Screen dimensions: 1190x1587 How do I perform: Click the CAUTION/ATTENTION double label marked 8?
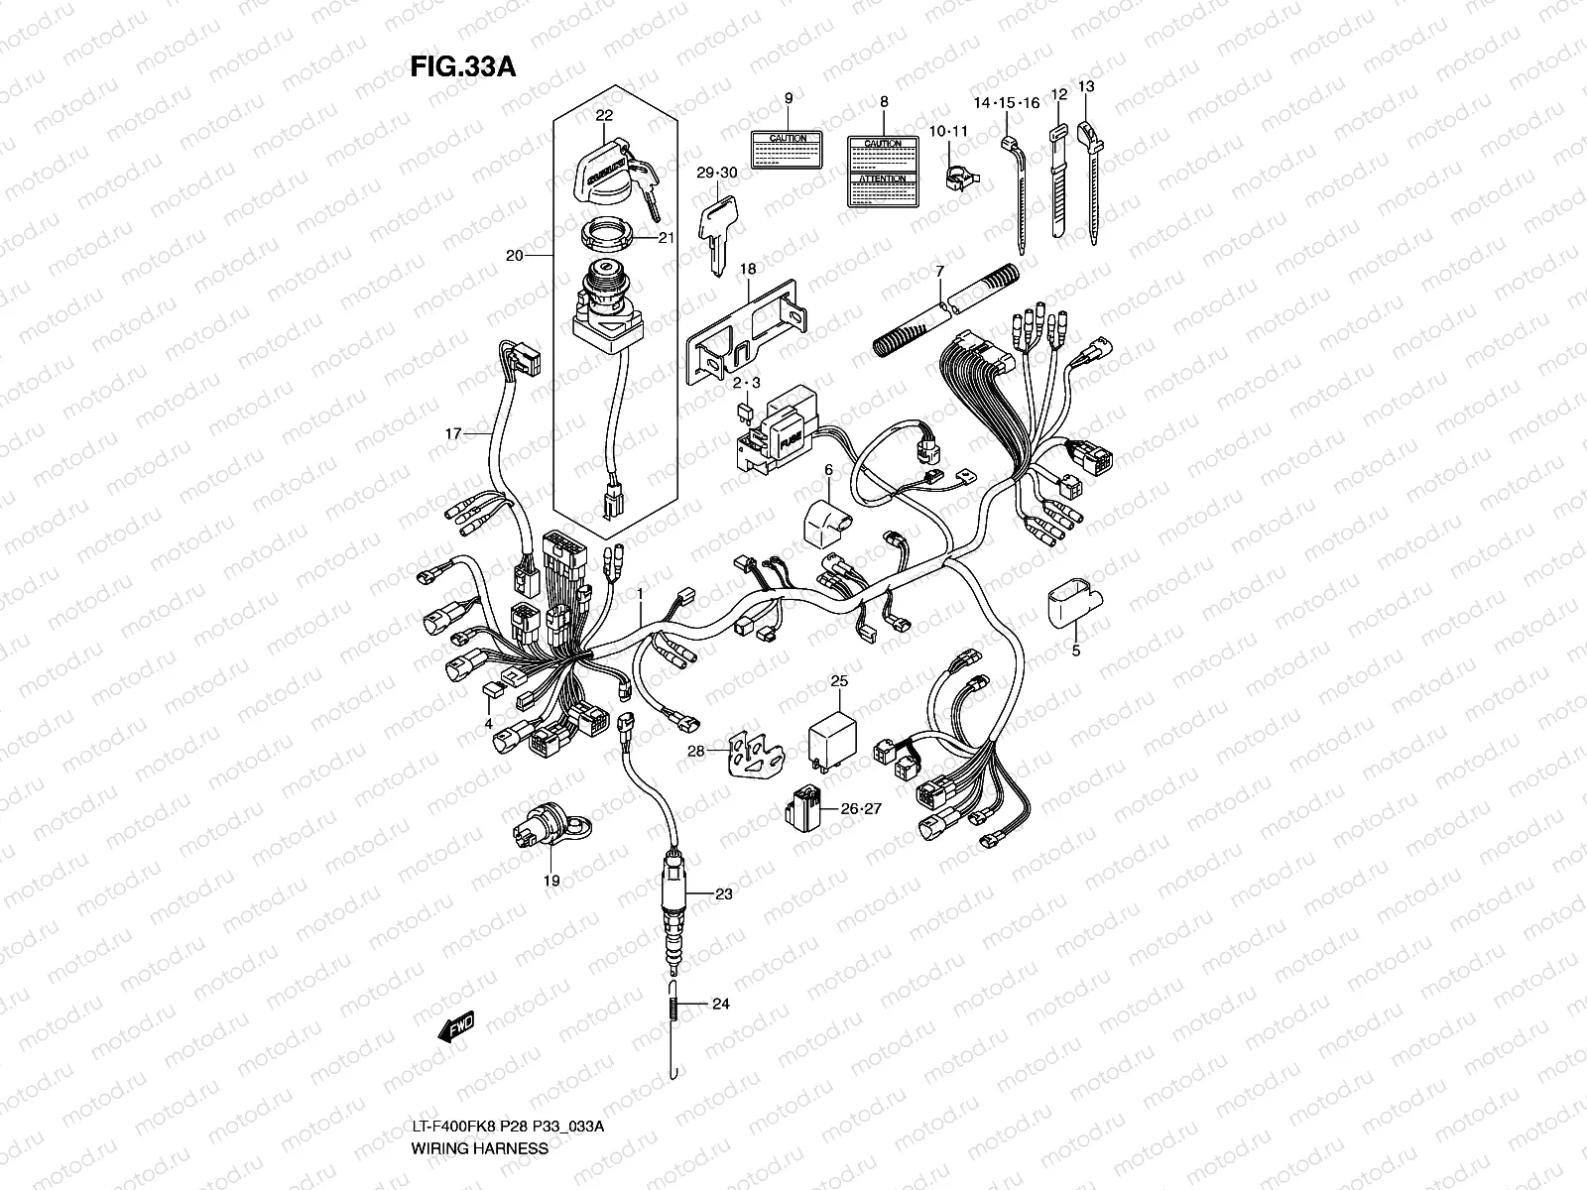(x=883, y=172)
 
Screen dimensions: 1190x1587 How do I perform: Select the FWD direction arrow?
(x=455, y=1028)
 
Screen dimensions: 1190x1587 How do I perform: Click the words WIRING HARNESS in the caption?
(x=479, y=1148)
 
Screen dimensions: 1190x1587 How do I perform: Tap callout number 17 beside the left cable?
(x=454, y=433)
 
